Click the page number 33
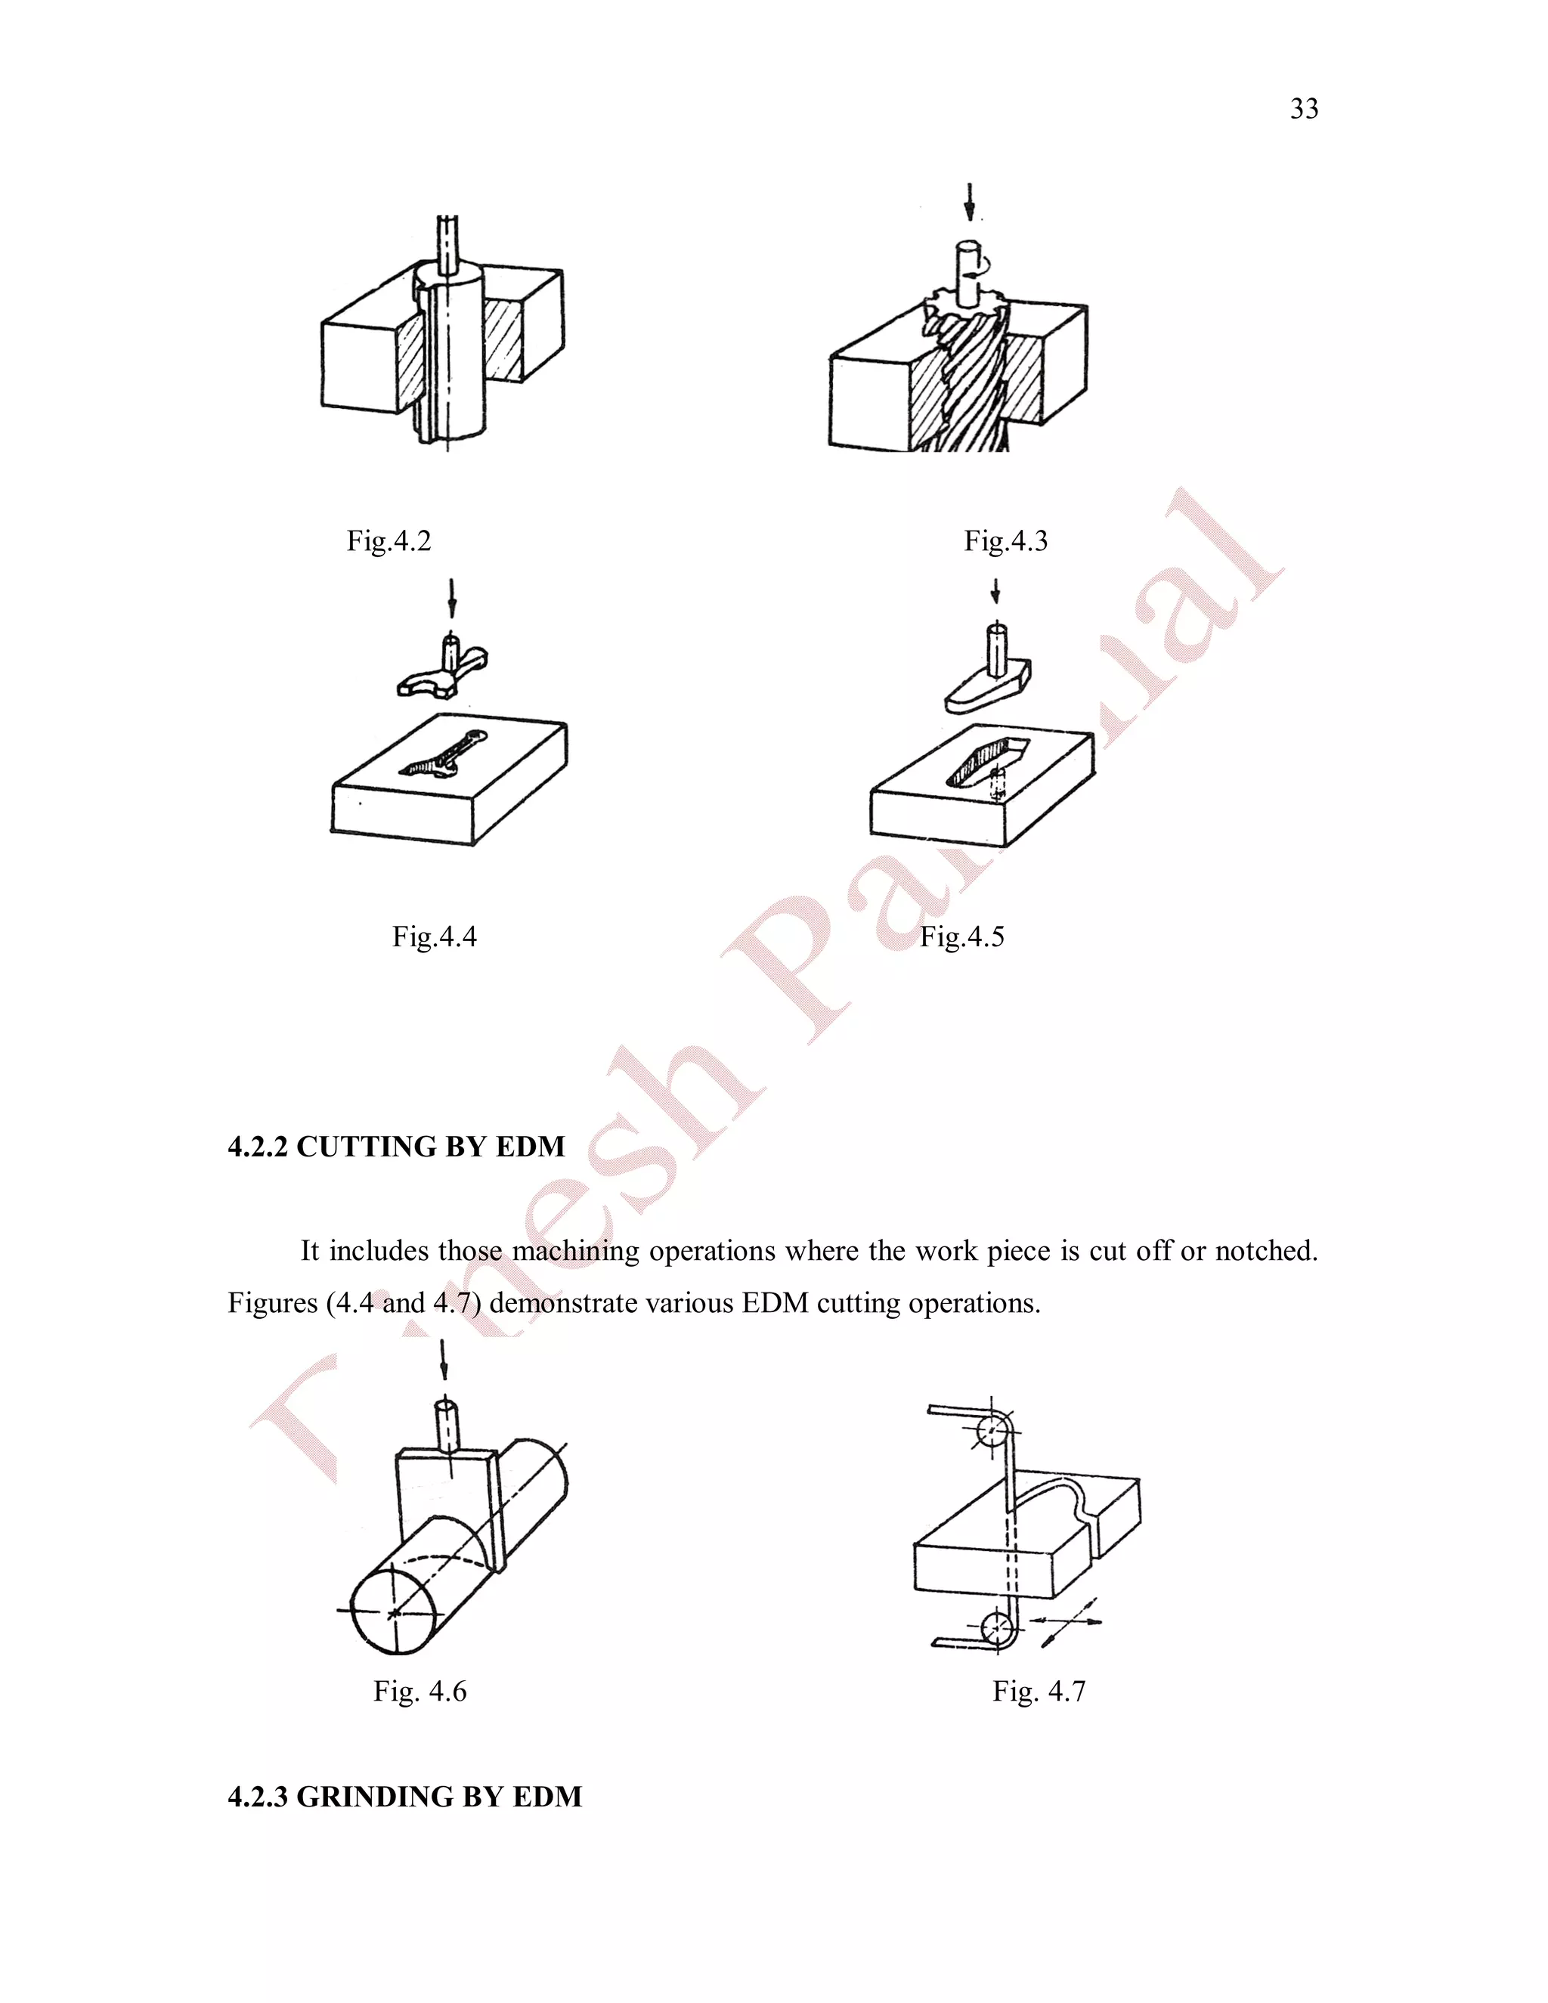click(1303, 109)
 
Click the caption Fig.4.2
click(388, 541)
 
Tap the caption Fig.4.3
click(1005, 541)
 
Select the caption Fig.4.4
click(434, 936)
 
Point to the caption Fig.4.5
click(961, 936)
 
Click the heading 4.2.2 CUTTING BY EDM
click(396, 1147)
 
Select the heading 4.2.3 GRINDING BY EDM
click(404, 1797)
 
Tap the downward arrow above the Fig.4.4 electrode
click(451, 597)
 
